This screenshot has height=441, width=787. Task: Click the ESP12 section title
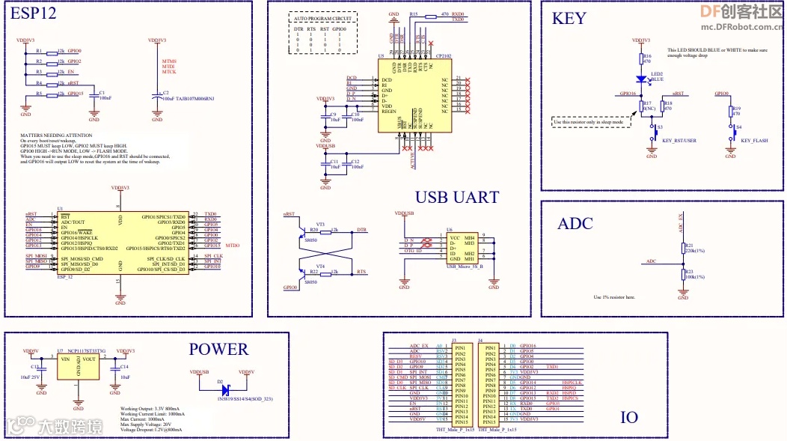click(x=34, y=14)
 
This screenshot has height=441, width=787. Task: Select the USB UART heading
click(x=456, y=197)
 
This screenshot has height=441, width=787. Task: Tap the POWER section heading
click(x=218, y=349)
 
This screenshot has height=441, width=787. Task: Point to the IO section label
click(x=629, y=417)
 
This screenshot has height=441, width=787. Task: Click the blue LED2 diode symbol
click(x=641, y=78)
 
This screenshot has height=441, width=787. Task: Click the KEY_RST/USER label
click(x=680, y=141)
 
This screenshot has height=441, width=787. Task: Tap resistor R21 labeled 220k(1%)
click(x=682, y=248)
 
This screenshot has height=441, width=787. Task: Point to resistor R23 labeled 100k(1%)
click(x=682, y=273)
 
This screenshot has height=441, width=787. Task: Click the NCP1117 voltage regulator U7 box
click(x=79, y=368)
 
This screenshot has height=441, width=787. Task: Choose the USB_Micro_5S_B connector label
click(x=465, y=266)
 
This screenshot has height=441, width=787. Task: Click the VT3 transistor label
click(x=320, y=224)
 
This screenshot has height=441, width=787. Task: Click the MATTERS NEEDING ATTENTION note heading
click(x=56, y=136)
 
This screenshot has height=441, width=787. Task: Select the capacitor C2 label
click(x=167, y=93)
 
